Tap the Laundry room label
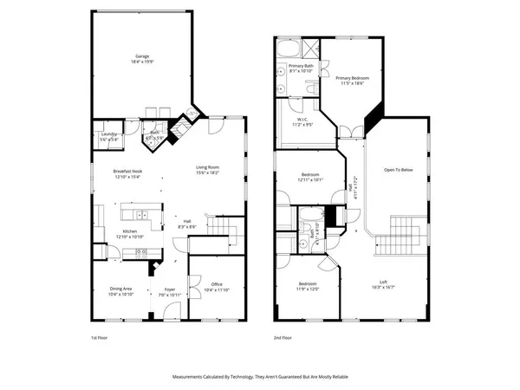[108, 133]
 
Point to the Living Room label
[206, 167]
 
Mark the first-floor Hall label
[185, 220]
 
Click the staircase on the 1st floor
[227, 230]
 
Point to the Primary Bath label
[301, 66]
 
